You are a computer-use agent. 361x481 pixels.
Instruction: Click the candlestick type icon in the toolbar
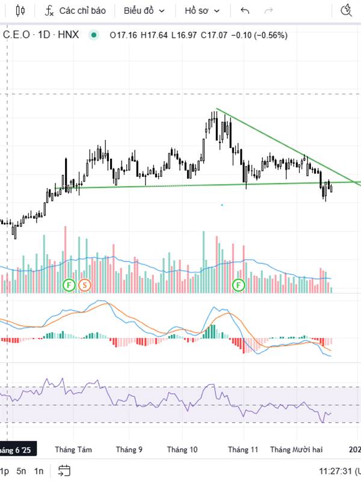[x=21, y=10]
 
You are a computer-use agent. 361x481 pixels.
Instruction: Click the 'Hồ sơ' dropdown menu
[x=202, y=10]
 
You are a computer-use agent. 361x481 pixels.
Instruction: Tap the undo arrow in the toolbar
[x=244, y=10]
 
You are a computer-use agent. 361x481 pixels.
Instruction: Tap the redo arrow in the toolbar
[x=268, y=10]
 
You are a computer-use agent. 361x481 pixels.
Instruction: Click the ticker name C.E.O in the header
[x=16, y=35]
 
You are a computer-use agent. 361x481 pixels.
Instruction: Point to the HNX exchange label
[x=69, y=35]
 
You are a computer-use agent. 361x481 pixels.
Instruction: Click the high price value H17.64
[x=153, y=35]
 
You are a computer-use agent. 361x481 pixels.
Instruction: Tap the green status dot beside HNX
[x=93, y=35]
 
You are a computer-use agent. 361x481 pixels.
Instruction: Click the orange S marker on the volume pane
[x=84, y=284]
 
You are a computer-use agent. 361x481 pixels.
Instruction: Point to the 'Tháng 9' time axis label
[x=129, y=449]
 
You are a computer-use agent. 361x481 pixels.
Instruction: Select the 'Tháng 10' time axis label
[x=182, y=449]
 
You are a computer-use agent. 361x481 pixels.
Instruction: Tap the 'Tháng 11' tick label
[x=243, y=449]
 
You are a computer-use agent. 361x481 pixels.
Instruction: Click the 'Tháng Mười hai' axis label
[x=297, y=449]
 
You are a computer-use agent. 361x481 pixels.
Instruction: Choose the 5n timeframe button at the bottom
[x=22, y=471]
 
